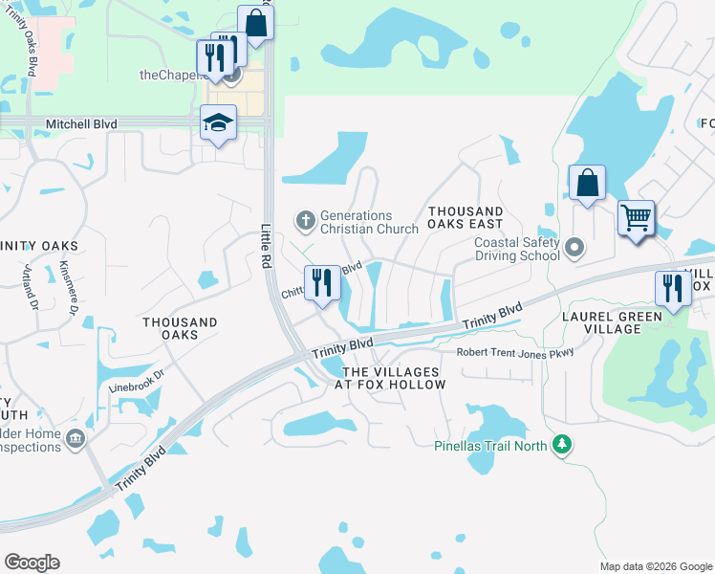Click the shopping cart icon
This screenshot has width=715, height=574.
coord(635,217)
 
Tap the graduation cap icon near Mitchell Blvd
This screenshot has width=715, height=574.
coord(218,123)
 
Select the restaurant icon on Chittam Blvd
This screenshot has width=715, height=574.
coord(322,282)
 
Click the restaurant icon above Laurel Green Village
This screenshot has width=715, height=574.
coord(672,288)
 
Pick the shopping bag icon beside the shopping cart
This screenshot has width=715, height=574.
coord(586,183)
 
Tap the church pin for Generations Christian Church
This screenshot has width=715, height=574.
coord(306,222)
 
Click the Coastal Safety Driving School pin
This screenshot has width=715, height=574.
coord(574,249)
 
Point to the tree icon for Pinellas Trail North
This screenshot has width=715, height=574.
coord(564,445)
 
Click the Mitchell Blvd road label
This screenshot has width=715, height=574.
coord(81,124)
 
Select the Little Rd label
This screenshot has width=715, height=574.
coord(268,247)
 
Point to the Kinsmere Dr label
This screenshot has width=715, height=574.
coord(67,286)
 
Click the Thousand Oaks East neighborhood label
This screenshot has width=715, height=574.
coord(466,218)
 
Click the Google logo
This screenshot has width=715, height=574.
coord(32,563)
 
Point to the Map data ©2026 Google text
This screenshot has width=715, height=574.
coord(655,566)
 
